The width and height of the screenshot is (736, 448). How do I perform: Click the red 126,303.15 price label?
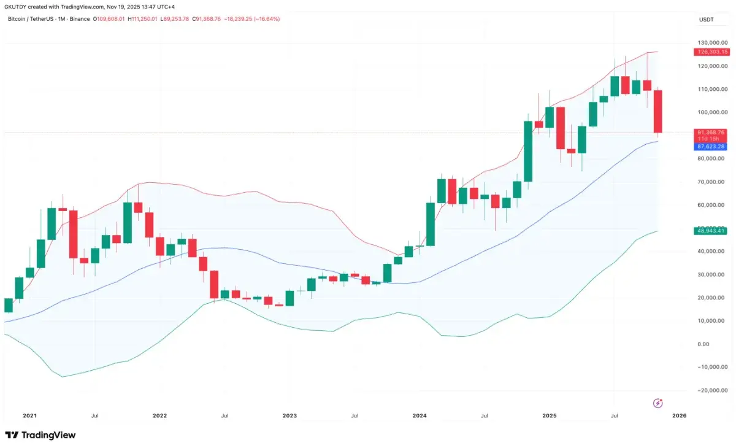tap(710, 52)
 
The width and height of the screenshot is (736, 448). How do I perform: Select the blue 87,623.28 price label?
tap(710, 147)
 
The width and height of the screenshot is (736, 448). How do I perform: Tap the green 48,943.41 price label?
tap(710, 231)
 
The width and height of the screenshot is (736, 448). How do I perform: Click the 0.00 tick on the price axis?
tap(704, 344)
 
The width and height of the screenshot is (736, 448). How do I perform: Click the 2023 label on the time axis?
tap(289, 415)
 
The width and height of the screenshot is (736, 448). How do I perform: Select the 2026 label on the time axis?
tap(679, 415)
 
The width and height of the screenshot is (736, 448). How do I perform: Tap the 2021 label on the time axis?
tap(29, 415)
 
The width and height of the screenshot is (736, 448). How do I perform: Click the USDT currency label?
tap(707, 20)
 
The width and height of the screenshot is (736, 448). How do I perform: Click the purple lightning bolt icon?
tap(658, 403)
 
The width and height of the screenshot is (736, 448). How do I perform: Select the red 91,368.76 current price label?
tap(710, 133)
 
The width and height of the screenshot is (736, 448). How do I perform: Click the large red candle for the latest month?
tap(657, 111)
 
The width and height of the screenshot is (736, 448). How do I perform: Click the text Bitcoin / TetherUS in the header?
tap(34, 19)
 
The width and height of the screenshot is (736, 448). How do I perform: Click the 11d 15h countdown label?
tap(710, 139)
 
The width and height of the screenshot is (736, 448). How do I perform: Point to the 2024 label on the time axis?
tap(420, 415)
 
